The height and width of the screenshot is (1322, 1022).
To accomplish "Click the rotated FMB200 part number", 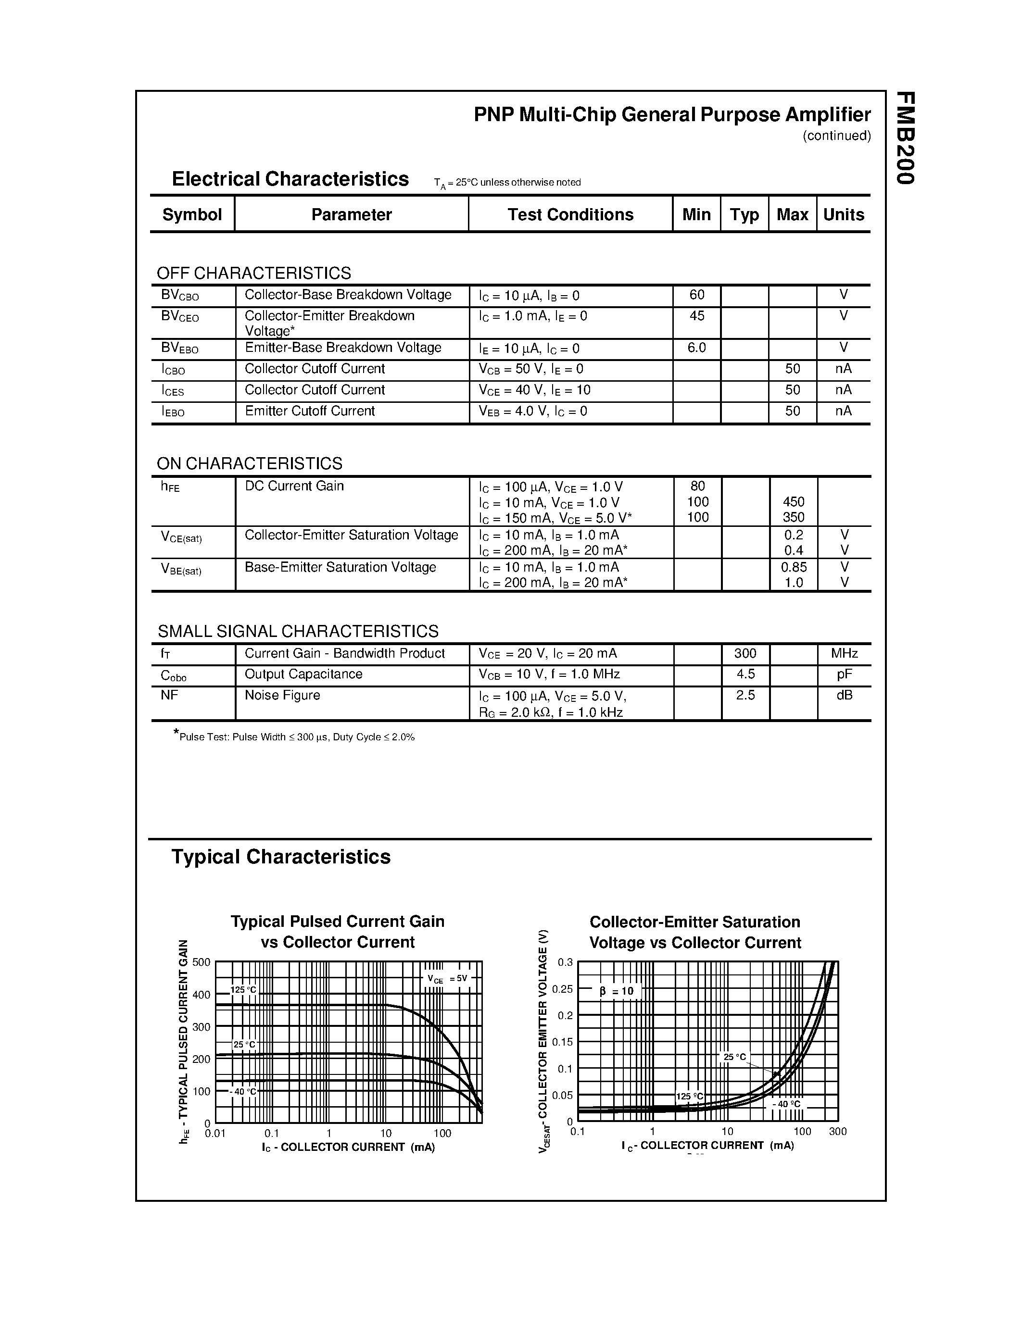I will point(905,138).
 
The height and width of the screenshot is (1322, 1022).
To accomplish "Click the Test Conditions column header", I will point(570,214).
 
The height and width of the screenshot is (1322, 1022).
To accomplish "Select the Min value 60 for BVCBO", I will point(697,295).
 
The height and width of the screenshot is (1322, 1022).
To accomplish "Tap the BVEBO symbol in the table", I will point(180,348).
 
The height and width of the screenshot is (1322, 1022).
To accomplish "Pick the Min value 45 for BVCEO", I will point(697,316).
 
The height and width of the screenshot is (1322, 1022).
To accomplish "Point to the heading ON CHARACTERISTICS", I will point(250,464).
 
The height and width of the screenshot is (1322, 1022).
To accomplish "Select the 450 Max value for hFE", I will point(793,502).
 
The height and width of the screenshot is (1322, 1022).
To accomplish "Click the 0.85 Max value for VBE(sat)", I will point(793,567).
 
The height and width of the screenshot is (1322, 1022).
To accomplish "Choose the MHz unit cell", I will point(844,653).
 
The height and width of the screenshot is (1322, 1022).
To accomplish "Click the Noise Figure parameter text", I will point(282,695).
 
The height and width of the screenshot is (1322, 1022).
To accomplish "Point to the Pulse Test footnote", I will point(295,736).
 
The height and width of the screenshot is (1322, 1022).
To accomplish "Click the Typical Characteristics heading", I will point(281,857).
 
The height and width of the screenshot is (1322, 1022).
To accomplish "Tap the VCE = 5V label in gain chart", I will point(447,979).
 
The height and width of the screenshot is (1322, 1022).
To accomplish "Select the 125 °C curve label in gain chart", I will point(243,990).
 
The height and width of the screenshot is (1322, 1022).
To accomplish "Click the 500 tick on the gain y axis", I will point(201,962).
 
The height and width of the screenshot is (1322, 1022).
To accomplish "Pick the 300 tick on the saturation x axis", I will point(837,1131).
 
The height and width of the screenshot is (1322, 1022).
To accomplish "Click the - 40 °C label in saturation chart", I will point(786,1104).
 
